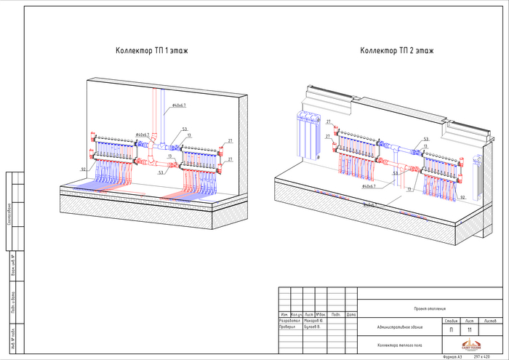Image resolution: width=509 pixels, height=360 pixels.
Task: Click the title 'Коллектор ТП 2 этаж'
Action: [x=396, y=51]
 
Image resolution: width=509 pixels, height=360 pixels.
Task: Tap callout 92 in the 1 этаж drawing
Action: [x=84, y=169]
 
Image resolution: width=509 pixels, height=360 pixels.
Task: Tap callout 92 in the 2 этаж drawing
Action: [x=462, y=197]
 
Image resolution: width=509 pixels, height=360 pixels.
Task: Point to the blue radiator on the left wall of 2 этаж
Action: [x=308, y=135]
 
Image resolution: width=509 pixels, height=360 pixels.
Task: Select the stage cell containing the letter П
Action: [x=451, y=330]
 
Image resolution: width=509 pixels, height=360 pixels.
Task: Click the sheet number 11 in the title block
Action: [x=469, y=330]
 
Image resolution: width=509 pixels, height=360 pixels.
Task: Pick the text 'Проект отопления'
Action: [x=429, y=309]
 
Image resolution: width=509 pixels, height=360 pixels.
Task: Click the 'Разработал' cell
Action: [x=290, y=321]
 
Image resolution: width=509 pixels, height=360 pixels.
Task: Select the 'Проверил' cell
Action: [x=289, y=327]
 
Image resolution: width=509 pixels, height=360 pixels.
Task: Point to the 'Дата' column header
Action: [x=351, y=314]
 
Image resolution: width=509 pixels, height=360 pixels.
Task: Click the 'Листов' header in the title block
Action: [x=490, y=321]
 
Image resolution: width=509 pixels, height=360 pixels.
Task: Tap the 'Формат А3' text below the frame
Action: [x=452, y=357]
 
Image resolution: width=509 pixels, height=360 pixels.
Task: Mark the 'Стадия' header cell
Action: [x=451, y=321]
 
